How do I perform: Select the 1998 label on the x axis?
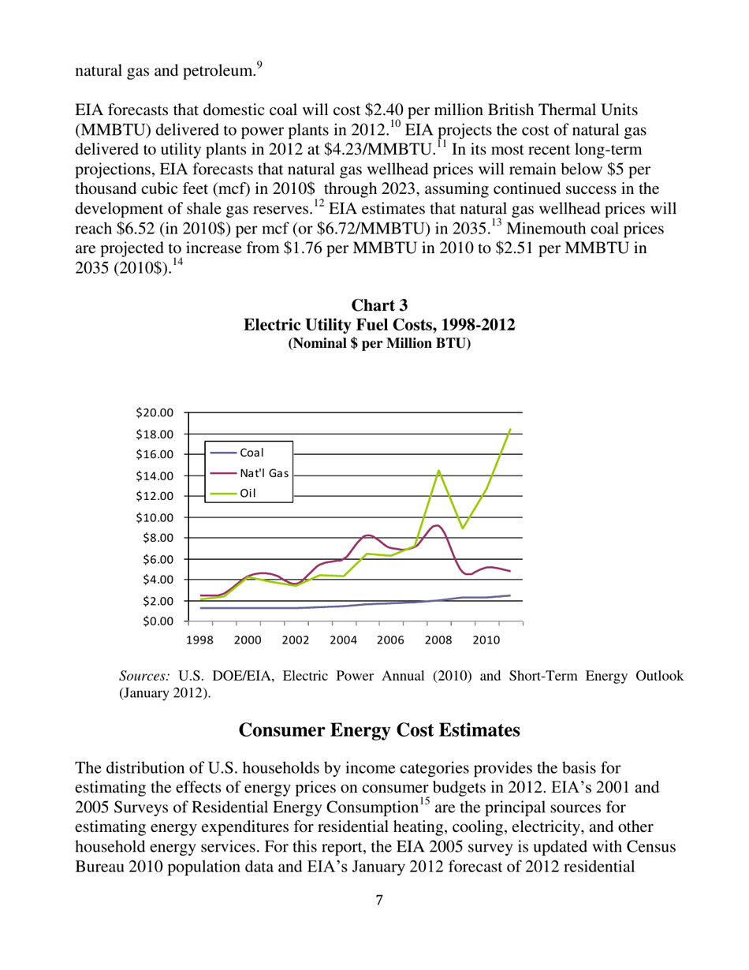(x=200, y=640)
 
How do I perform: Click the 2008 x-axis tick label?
(x=438, y=640)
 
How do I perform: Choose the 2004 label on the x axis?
(x=343, y=640)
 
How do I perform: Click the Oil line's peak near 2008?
(x=438, y=471)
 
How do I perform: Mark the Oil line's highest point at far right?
(x=510, y=429)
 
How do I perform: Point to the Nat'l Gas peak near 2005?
(x=368, y=535)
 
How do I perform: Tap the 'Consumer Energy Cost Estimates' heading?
(x=378, y=730)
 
